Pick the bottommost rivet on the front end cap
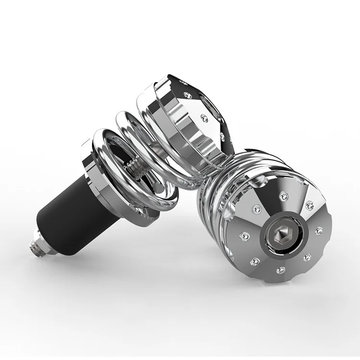coord(280,270)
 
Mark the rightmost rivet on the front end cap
coord(318,231)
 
